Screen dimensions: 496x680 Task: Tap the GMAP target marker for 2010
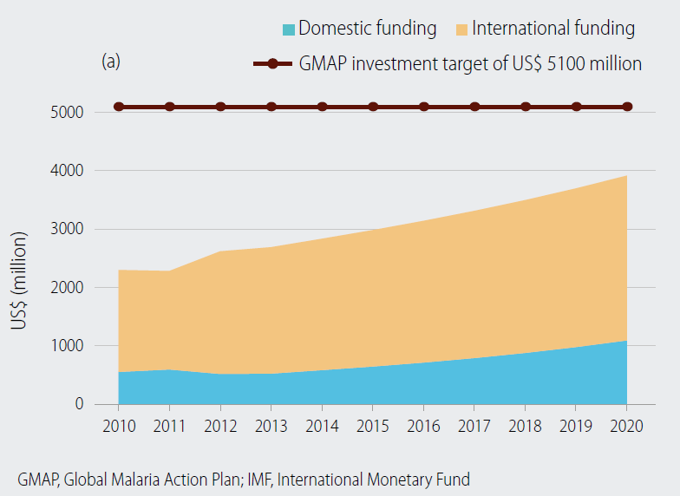pos(119,107)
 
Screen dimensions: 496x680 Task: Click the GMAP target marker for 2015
pos(373,107)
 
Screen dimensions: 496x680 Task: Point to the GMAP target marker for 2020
pos(627,107)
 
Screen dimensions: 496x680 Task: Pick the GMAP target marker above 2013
pos(271,107)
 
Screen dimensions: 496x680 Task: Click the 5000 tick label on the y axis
pos(67,113)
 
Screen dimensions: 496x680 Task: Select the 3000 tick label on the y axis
pos(67,230)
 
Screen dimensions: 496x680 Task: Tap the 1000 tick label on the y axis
pos(67,346)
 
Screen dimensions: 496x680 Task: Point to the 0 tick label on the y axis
pos(78,404)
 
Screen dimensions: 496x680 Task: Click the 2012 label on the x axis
pos(220,427)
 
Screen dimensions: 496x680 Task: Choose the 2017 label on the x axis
pos(474,427)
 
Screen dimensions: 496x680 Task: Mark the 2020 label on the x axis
pos(627,427)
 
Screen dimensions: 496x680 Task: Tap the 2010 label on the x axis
pos(119,427)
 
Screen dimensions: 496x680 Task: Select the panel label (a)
pos(110,62)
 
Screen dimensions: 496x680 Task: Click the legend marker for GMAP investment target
pos(271,64)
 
